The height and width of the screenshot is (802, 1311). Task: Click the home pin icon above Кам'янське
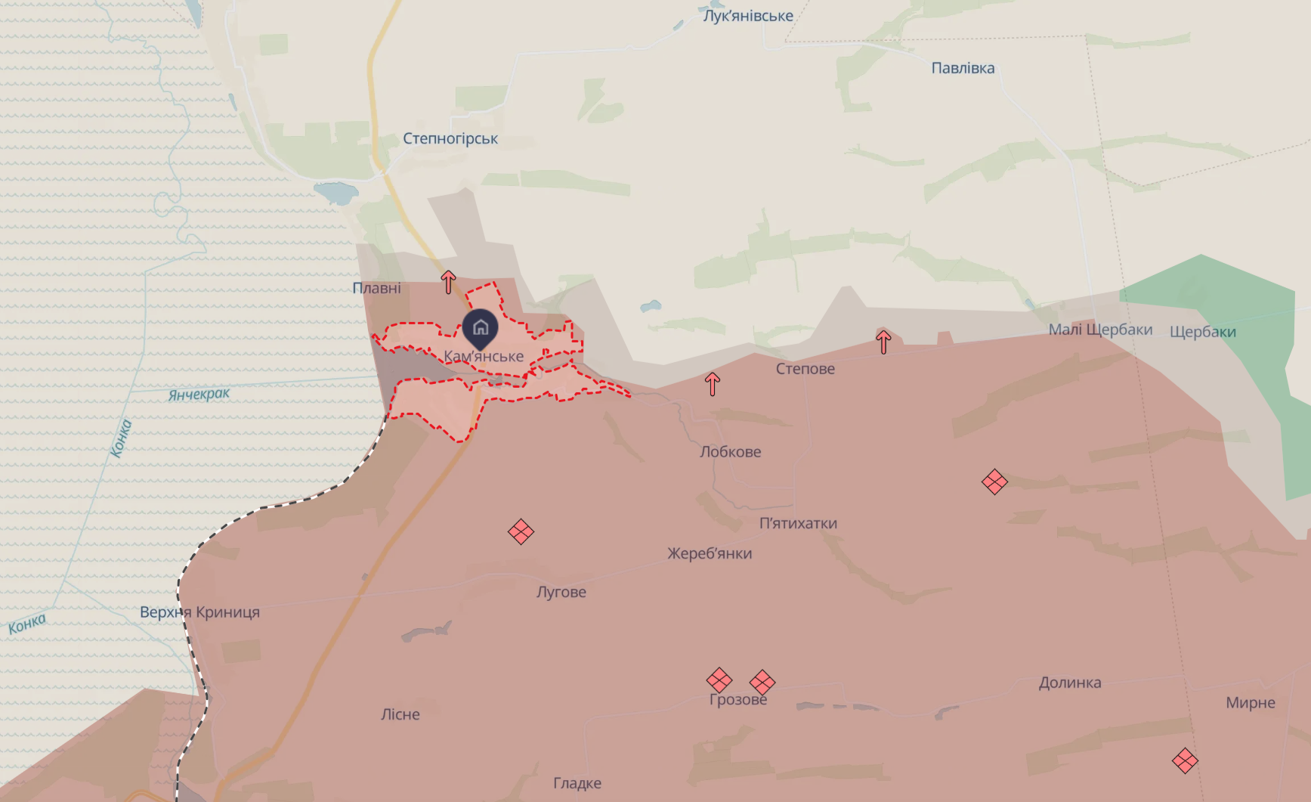[481, 327]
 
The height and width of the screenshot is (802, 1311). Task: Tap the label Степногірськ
[450, 139]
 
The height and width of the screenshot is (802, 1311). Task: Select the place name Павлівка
[963, 68]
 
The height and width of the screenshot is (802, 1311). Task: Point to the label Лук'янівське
[748, 16]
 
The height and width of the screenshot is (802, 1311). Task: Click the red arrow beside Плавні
[449, 282]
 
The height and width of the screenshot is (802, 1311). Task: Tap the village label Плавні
[377, 288]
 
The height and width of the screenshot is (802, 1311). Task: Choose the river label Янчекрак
[199, 394]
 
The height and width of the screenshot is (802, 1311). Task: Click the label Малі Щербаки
[1100, 330]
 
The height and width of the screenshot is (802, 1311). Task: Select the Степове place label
[805, 369]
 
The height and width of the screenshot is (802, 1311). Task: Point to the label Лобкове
[730, 452]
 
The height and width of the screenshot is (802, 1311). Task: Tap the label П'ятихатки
[798, 523]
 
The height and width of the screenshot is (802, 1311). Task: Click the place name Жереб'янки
[710, 553]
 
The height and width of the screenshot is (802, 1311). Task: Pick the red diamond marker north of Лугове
[521, 531]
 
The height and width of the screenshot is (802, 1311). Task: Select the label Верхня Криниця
[199, 612]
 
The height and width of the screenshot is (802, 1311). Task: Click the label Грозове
[738, 700]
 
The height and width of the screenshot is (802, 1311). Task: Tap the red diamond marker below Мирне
[1185, 760]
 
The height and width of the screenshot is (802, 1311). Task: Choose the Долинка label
[1070, 683]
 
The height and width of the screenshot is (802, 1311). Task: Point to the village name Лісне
[400, 714]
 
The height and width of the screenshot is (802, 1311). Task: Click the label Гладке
[577, 783]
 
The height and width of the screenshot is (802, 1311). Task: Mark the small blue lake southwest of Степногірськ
[336, 192]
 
